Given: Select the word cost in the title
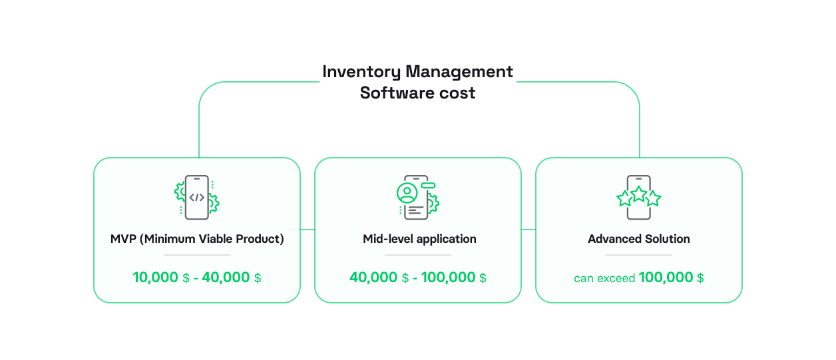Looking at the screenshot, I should point(457,93).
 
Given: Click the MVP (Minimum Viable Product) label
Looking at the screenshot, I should point(197,239).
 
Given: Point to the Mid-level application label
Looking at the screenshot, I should point(419,239).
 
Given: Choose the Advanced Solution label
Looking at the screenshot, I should point(639,239).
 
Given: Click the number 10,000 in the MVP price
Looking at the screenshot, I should point(156,277).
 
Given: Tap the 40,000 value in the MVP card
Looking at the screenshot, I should point(226,277).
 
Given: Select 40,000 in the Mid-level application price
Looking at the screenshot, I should point(373,277).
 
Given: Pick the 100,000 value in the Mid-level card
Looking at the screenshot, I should point(449,277).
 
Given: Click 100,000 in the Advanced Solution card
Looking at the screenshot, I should point(666,277).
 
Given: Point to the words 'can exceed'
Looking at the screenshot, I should point(604,278).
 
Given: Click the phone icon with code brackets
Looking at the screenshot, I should point(196,198).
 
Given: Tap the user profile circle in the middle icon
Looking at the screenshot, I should point(406,193).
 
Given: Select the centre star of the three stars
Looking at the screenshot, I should point(639,194).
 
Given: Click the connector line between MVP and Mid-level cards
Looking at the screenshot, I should point(307,230).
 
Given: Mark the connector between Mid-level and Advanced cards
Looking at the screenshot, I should point(528,230).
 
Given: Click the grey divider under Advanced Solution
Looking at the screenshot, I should point(639,255).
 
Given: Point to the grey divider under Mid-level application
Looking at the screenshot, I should point(418,255).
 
